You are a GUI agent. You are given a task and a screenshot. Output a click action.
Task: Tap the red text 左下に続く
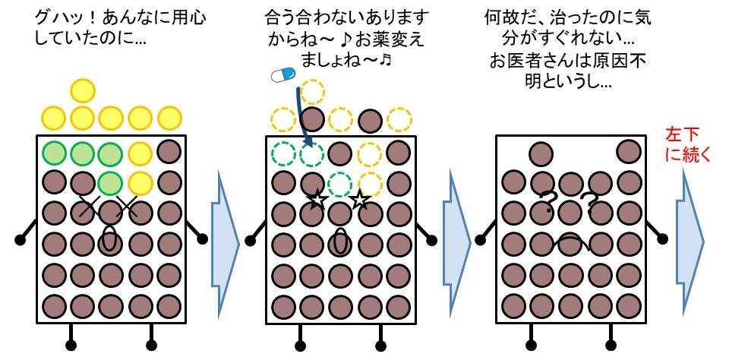pos(688,144)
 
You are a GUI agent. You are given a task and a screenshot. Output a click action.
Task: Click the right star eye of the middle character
pos(359,201)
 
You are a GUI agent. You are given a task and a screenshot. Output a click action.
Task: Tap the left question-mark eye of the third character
pos(547,201)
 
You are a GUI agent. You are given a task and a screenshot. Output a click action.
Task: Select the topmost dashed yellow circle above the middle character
pos(311,92)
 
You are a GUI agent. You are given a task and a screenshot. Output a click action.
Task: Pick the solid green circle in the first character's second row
pos(110,183)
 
